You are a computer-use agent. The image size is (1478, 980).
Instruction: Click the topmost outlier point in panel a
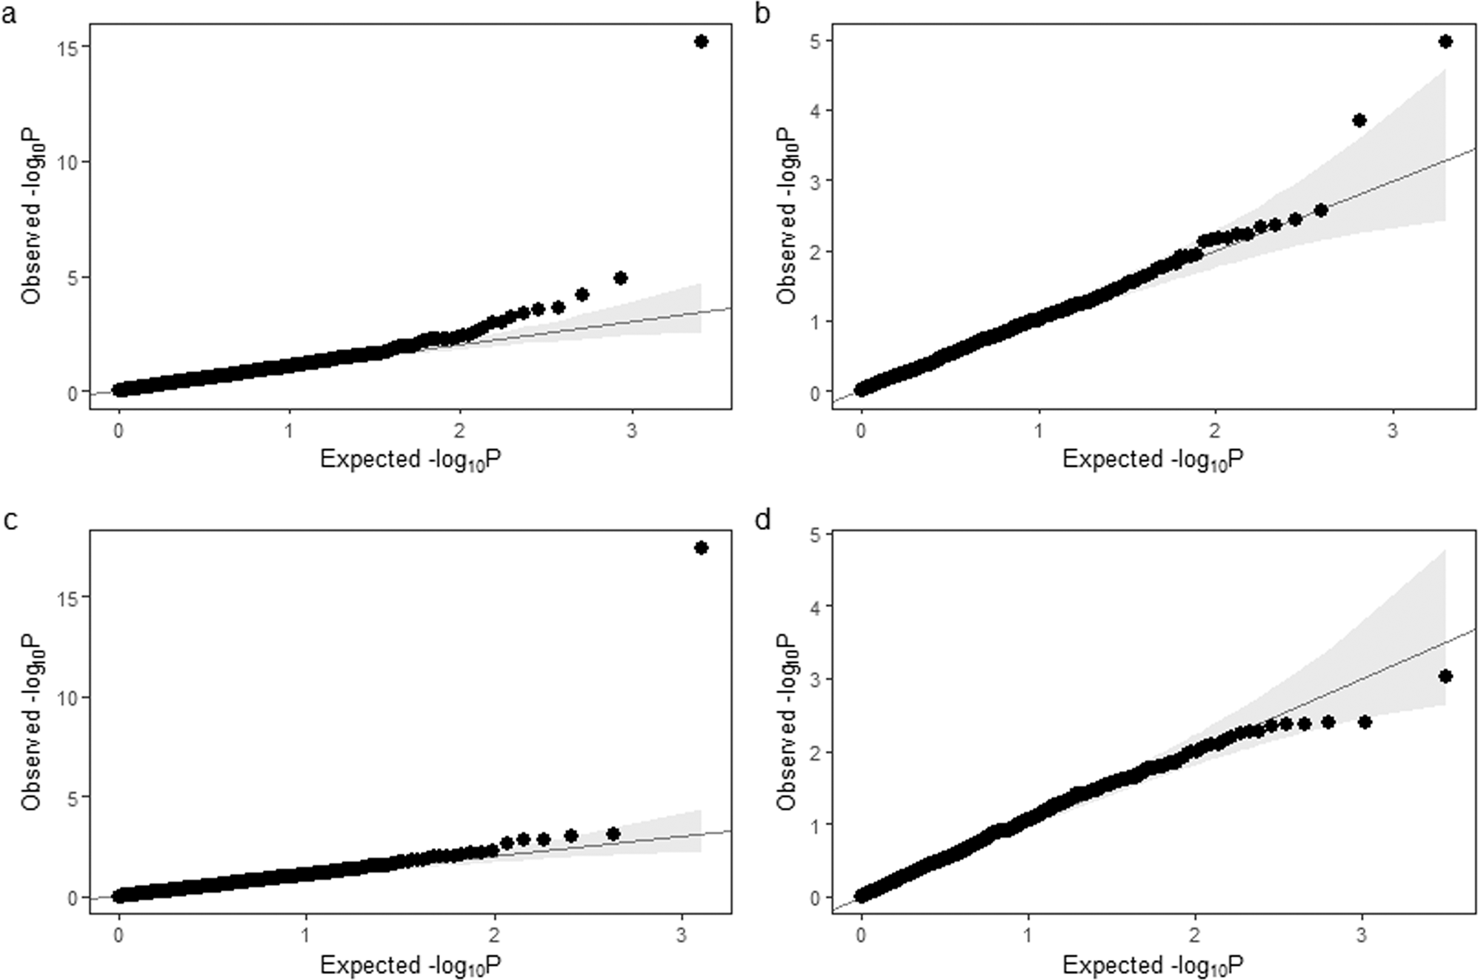pyautogui.click(x=701, y=42)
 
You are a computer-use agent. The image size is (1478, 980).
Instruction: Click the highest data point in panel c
pyautogui.click(x=701, y=548)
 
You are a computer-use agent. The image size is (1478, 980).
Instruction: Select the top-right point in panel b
pyautogui.click(x=1445, y=42)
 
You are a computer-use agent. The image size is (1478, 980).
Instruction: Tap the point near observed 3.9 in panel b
pyautogui.click(x=1359, y=120)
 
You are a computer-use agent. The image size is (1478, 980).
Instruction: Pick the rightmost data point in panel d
pyautogui.click(x=1445, y=676)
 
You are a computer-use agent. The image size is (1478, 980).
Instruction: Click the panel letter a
pyautogui.click(x=9, y=13)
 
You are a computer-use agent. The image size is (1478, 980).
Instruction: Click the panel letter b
pyautogui.click(x=762, y=13)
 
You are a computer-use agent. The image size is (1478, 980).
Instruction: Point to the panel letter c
pyautogui.click(x=10, y=520)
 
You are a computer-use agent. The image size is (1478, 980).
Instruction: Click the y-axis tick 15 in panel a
pyautogui.click(x=69, y=47)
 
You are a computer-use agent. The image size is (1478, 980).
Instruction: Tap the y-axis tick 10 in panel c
pyautogui.click(x=69, y=698)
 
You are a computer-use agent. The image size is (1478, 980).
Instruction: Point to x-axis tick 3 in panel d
pyautogui.click(x=1362, y=936)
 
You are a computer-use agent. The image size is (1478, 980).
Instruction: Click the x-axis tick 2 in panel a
pyautogui.click(x=460, y=431)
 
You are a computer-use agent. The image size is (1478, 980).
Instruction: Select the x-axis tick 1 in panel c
pyautogui.click(x=306, y=936)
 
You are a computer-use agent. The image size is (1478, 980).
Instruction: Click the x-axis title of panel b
pyautogui.click(x=1153, y=460)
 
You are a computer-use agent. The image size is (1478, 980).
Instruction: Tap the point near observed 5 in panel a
pyautogui.click(x=621, y=278)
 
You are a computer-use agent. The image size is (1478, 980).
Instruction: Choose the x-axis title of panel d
pyautogui.click(x=1153, y=965)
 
